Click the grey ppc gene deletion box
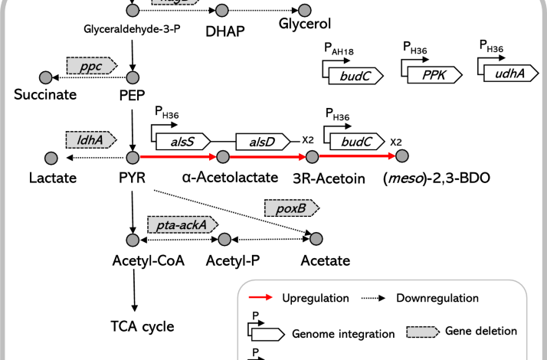pyautogui.click(x=90, y=66)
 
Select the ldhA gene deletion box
pyautogui.click(x=90, y=140)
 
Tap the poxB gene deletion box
pyautogui.click(x=290, y=207)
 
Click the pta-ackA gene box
pyautogui.click(x=182, y=223)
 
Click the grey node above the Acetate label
pyautogui.click(x=316, y=241)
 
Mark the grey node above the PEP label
pyautogui.click(x=134, y=77)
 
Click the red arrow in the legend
pyautogui.click(x=262, y=298)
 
